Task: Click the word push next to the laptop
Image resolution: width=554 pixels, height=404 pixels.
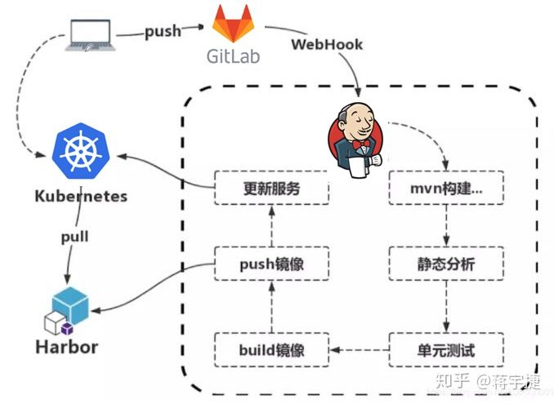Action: [x=163, y=32]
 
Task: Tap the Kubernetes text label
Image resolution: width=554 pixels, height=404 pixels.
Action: [x=81, y=197]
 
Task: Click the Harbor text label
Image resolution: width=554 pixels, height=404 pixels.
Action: [x=66, y=346]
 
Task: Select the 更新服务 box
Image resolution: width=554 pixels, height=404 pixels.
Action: [x=271, y=188]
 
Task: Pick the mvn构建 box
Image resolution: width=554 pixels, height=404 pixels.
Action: [x=446, y=188]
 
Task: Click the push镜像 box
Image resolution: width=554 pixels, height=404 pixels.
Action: [x=271, y=265]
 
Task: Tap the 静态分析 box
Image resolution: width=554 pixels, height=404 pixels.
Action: [x=446, y=265]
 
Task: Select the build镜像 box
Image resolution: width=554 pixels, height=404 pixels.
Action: [x=271, y=349]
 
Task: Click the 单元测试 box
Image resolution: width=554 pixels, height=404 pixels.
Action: [x=446, y=349]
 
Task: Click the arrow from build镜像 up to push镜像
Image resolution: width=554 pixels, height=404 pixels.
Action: [x=272, y=307]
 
